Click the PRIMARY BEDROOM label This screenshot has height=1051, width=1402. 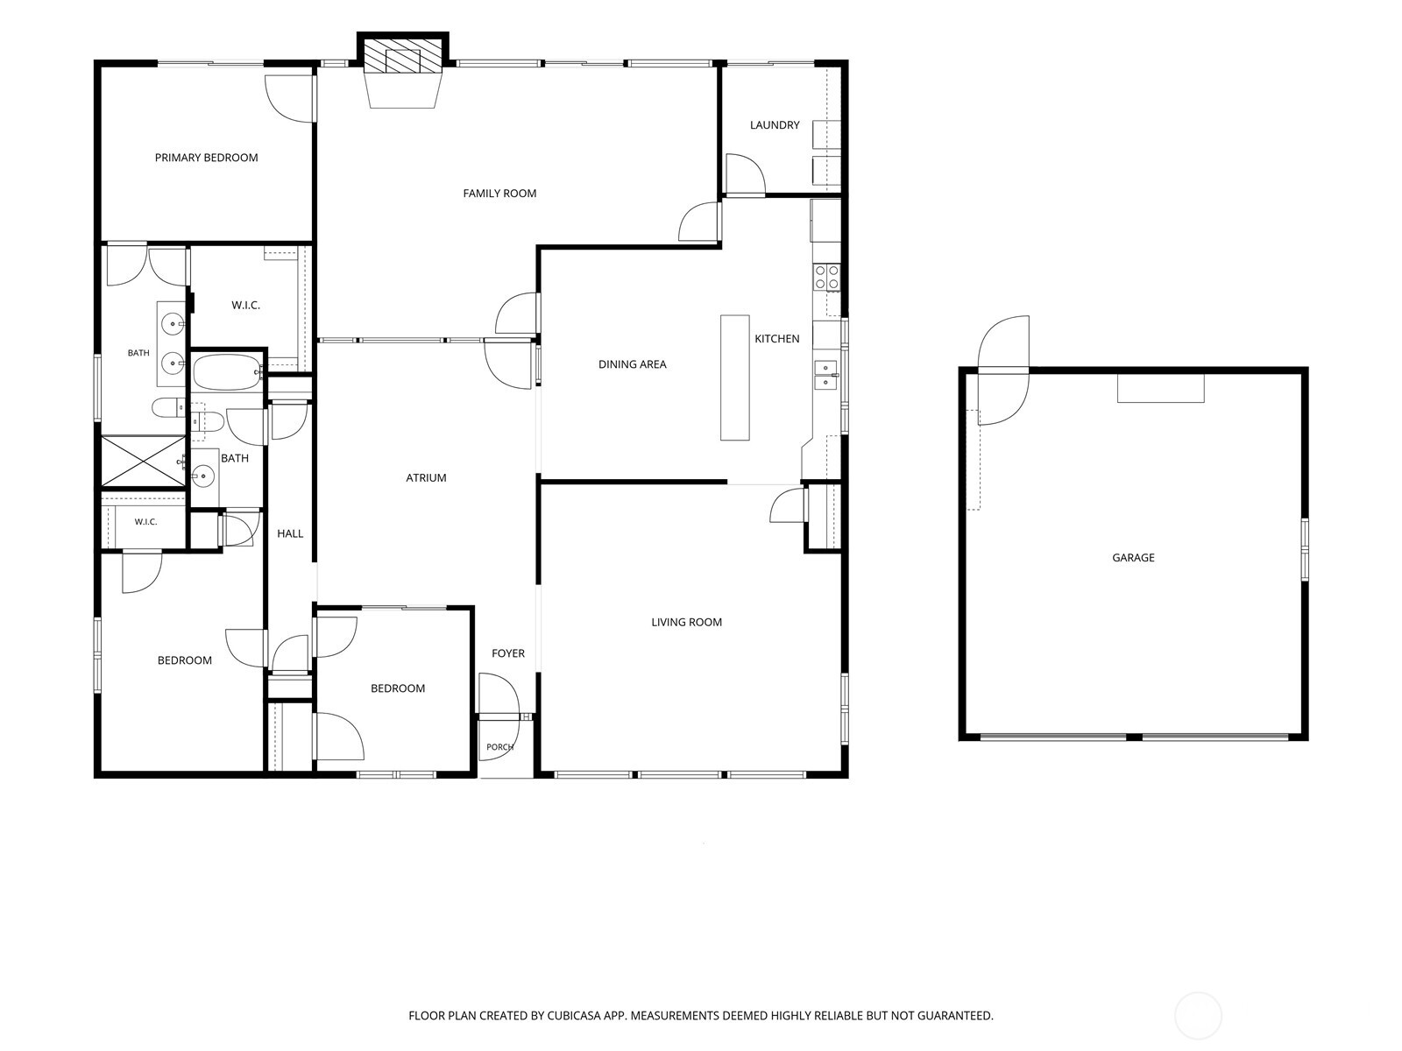pos(206,158)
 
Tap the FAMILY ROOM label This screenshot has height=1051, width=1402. pos(499,194)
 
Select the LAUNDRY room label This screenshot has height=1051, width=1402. pos(775,125)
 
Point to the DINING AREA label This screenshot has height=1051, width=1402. pos(633,364)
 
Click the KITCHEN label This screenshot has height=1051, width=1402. pos(776,339)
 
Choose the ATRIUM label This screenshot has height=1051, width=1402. pos(426,478)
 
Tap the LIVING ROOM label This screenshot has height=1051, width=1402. pos(687,622)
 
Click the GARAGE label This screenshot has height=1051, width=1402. pos(1133,558)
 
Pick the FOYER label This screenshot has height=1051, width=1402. pos(507,653)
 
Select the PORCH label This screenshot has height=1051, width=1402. pos(499,747)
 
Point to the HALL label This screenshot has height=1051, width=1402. pos(290,533)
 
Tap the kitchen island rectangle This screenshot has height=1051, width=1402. pos(734,377)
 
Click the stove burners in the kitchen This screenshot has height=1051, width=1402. pos(826,279)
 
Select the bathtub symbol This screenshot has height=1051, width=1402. pos(227,373)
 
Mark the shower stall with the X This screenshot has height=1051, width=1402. pos(143,462)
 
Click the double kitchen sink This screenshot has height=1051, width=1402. pos(825,375)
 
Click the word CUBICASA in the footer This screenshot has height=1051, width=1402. pos(574,1016)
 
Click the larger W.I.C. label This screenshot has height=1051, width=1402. pos(245,306)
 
